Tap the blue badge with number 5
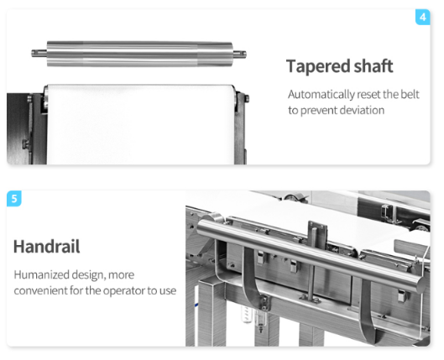14,199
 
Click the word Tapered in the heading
315,66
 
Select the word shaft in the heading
370,66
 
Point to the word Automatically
323,94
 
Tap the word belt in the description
409,94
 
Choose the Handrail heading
47,247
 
